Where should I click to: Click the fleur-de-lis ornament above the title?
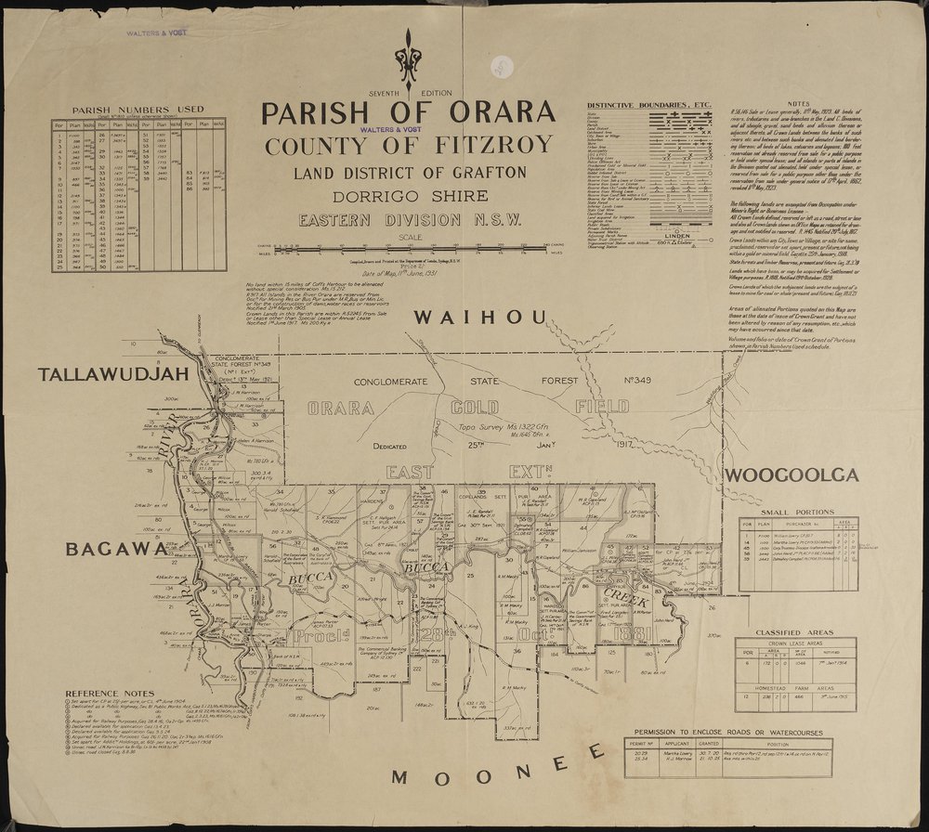point(409,60)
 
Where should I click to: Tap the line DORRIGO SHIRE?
point(409,197)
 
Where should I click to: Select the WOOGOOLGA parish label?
point(790,476)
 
